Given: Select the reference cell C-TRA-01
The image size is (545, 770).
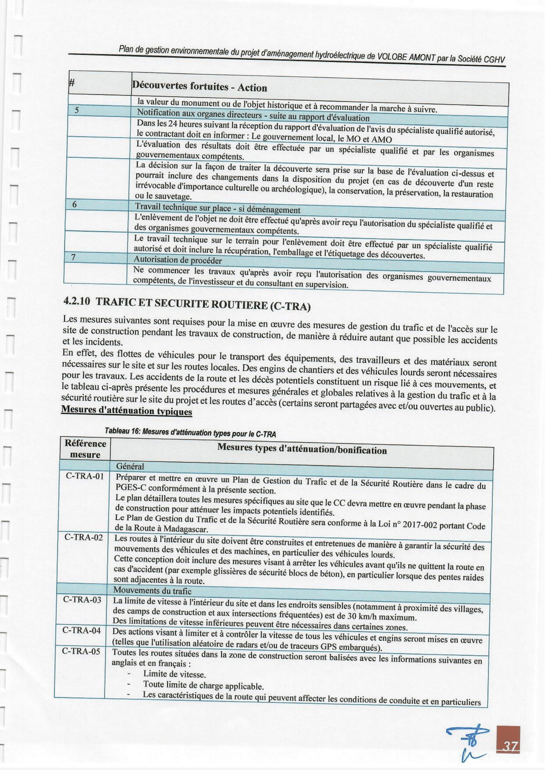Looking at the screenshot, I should (x=85, y=476).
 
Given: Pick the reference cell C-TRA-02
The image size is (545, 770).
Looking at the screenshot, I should (x=84, y=538).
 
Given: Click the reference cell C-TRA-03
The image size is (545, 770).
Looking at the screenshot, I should (x=82, y=600).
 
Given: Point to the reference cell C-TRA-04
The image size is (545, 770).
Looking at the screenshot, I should (x=81, y=631).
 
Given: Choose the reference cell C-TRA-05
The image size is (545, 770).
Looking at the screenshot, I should (x=81, y=652).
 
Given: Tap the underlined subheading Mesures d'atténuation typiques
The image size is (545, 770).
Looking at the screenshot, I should (x=127, y=411).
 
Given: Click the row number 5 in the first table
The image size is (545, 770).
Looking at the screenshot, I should (x=77, y=110).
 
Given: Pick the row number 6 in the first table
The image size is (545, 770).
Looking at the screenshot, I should (x=75, y=204).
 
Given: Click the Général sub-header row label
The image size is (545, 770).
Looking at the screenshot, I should (x=130, y=466).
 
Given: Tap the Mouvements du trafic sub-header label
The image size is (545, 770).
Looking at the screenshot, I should (x=152, y=590).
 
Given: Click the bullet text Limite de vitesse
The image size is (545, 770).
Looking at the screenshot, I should (x=174, y=674).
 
